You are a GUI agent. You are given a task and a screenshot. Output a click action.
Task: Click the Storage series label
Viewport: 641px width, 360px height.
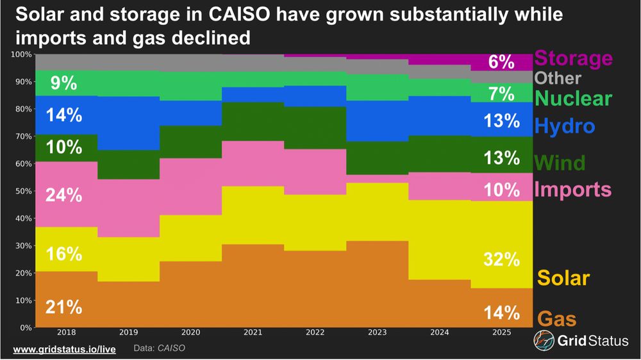[x=573, y=59]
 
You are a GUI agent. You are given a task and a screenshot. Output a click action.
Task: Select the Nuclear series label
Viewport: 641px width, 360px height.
[x=573, y=99]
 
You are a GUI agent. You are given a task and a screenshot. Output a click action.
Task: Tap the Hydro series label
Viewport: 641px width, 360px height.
[x=565, y=126]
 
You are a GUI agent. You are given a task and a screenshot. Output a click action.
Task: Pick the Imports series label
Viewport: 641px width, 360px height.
[x=572, y=190]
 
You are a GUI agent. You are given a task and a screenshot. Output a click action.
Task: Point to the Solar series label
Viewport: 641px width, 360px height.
[x=563, y=278]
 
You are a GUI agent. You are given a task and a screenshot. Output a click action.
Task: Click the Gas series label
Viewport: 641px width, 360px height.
[x=556, y=318]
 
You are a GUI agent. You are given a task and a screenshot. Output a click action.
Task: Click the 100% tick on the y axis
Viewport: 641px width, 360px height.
[x=21, y=54]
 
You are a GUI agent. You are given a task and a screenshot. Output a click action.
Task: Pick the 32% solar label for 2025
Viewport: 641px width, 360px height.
[x=501, y=259]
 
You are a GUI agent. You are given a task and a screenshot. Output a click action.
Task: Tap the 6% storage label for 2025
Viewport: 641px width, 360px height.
[x=501, y=62]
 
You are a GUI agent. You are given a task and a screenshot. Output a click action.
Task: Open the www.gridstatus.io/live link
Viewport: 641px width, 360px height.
[x=63, y=348]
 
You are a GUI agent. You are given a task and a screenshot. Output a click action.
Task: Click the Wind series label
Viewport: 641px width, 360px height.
[x=559, y=163]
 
